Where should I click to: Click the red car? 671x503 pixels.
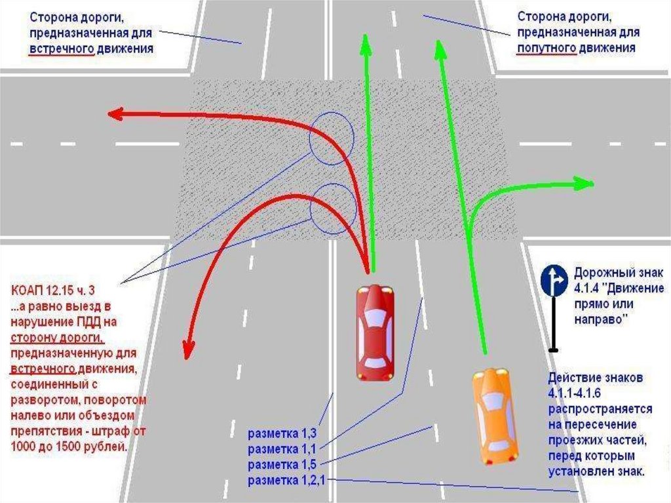(375, 332)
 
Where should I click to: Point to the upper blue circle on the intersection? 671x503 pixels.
(332, 138)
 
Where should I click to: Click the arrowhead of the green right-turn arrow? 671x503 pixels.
(583, 184)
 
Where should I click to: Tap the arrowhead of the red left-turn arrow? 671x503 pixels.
(116, 114)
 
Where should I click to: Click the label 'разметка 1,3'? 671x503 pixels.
(282, 433)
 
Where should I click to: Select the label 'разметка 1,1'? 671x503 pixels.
(282, 449)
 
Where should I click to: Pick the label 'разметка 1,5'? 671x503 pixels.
(282, 465)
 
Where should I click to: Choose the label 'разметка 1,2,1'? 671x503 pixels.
(287, 481)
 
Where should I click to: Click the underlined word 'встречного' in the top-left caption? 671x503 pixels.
(62, 49)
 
